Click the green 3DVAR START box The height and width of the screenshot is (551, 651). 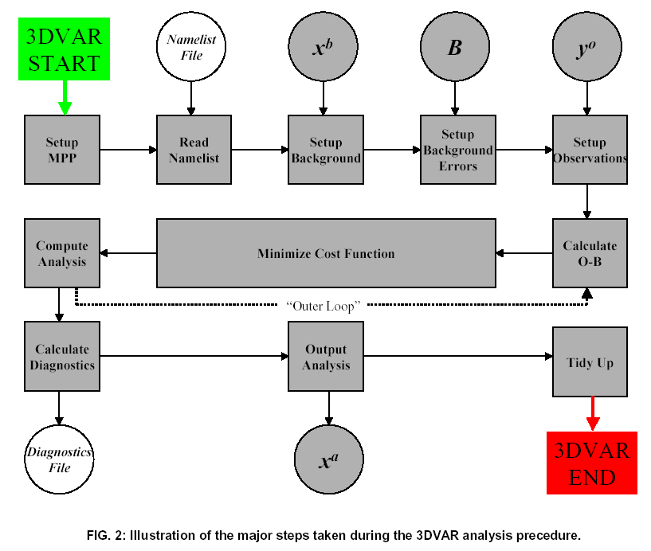pyautogui.click(x=65, y=49)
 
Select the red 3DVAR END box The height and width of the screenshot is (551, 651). pyautogui.click(x=592, y=463)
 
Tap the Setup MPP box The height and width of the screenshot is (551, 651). pyautogui.click(x=62, y=150)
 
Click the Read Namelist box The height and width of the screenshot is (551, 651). pyautogui.click(x=194, y=150)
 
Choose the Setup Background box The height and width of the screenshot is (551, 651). pyautogui.click(x=325, y=150)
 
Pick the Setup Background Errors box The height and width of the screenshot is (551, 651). pyautogui.click(x=457, y=150)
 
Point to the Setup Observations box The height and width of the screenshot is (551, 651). pyautogui.click(x=590, y=150)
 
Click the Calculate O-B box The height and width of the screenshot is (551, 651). pyautogui.click(x=590, y=253)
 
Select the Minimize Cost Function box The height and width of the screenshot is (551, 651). pyautogui.click(x=326, y=253)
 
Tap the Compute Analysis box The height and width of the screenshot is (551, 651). pyautogui.click(x=62, y=253)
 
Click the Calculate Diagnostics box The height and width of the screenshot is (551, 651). pyautogui.click(x=62, y=358)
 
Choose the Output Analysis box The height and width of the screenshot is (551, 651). pyautogui.click(x=326, y=358)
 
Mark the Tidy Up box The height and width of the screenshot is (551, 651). pyautogui.click(x=590, y=362)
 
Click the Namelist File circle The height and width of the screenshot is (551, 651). pyautogui.click(x=190, y=48)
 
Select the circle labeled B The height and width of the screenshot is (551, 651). pyautogui.click(x=455, y=48)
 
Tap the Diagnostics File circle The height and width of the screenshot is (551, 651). pyautogui.click(x=59, y=459)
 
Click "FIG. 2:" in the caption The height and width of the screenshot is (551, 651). pyautogui.click(x=106, y=535)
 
